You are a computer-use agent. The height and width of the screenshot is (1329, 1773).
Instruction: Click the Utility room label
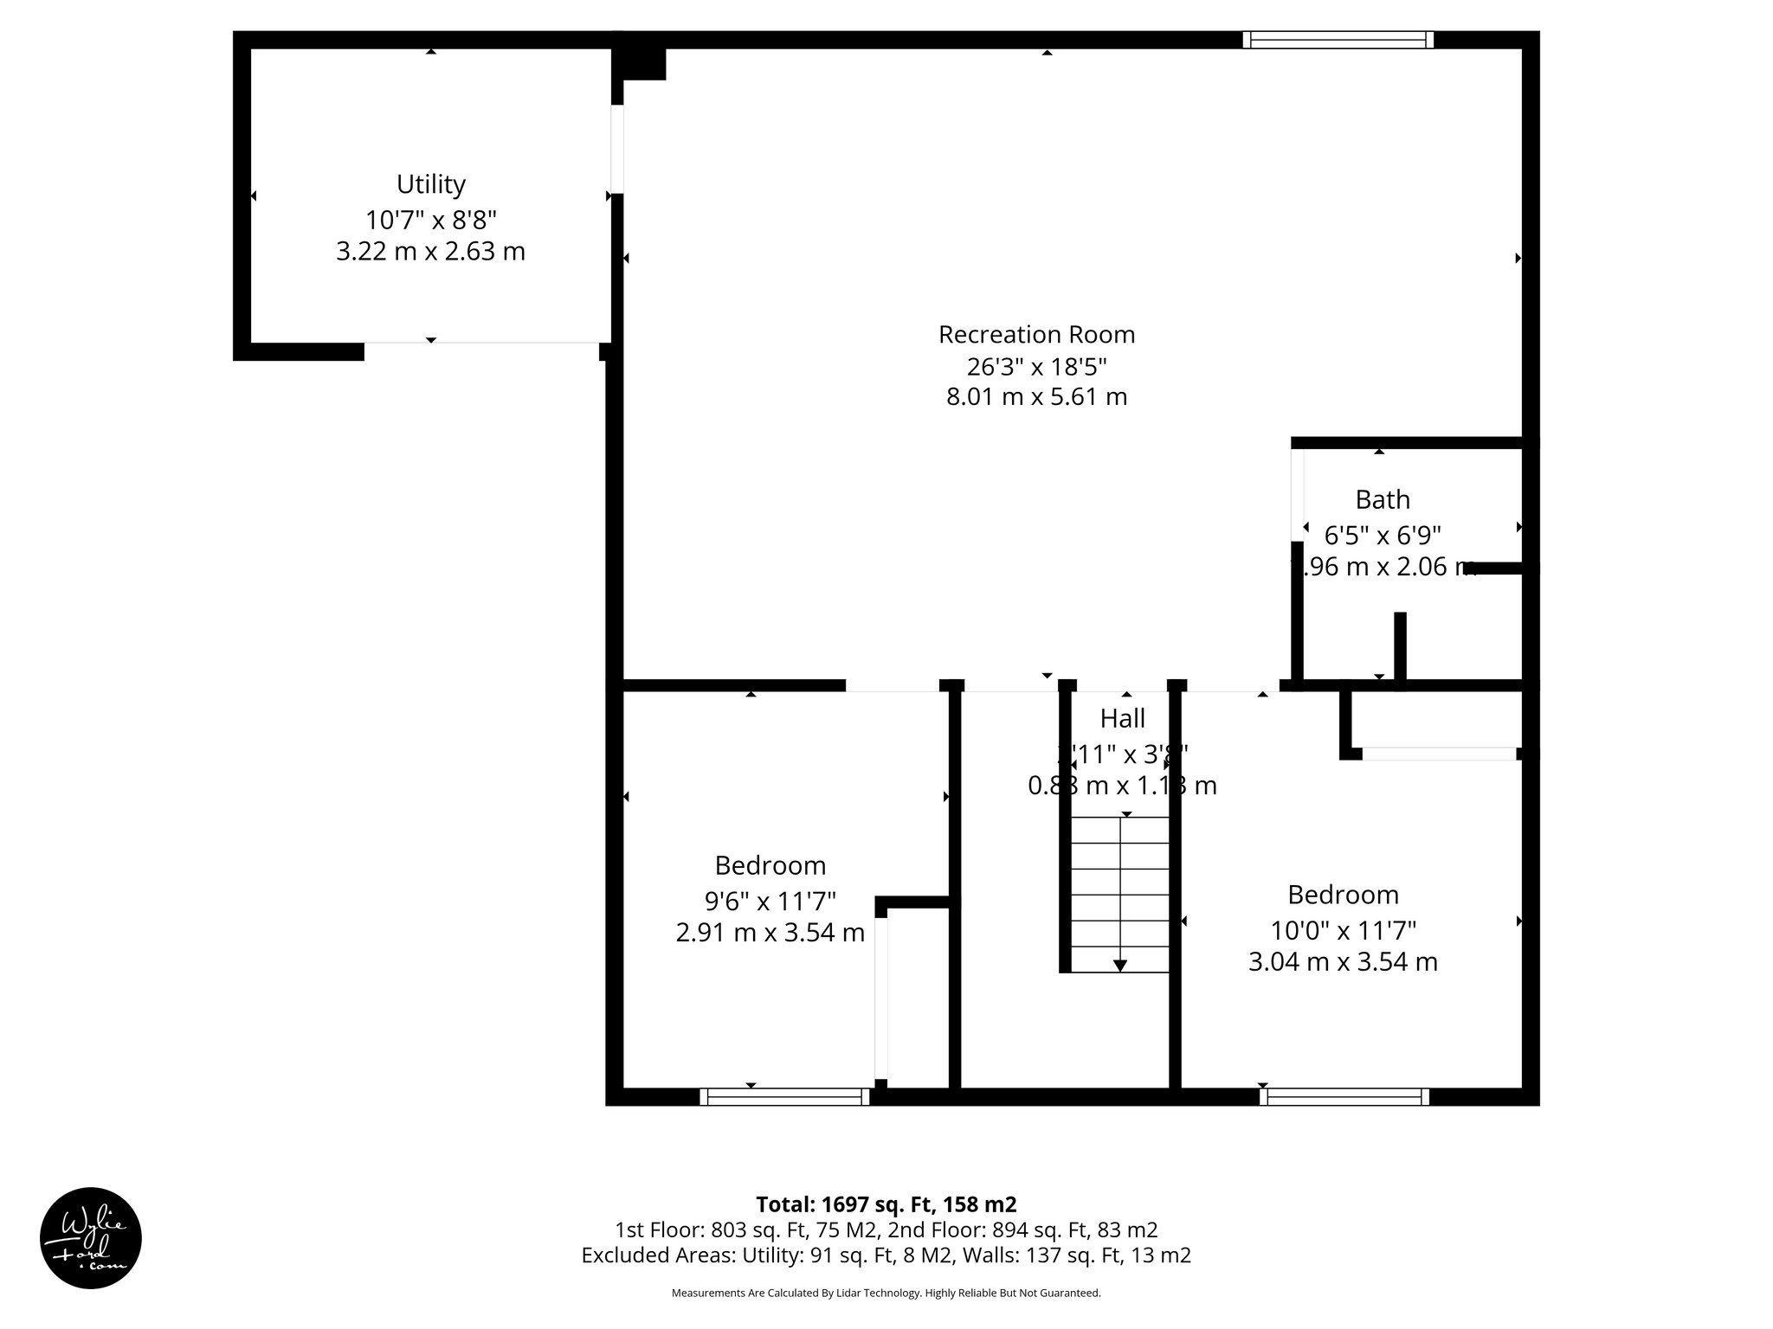coord(430,184)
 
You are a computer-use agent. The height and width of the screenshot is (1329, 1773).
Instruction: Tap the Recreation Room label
coord(1036,334)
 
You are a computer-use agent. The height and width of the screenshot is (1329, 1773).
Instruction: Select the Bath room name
coord(1383,500)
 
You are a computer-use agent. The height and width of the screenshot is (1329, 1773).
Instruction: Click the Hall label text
coord(1122,718)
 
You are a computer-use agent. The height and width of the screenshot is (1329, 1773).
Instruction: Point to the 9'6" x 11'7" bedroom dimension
coord(770,902)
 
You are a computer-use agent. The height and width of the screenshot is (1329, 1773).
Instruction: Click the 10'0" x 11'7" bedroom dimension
coord(1343,930)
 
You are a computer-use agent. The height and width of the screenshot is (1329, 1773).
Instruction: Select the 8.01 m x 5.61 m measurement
coord(1036,397)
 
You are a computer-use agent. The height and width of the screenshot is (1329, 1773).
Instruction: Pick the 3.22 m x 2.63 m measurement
coord(430,252)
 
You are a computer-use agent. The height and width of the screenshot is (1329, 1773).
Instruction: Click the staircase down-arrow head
coord(1120,965)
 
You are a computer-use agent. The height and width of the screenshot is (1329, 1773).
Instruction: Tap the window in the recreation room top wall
coord(1338,40)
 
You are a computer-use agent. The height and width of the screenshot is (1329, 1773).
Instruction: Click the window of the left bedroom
coord(784,1097)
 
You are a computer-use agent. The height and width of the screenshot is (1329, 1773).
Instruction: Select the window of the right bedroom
coord(1344,1097)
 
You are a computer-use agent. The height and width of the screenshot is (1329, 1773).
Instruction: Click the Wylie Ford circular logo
coord(91,1238)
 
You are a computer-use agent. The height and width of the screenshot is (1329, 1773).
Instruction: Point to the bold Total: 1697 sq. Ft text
coord(886,1204)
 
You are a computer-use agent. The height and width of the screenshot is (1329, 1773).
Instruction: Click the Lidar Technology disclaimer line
coord(886,1293)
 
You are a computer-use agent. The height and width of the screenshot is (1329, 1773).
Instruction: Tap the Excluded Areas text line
coord(886,1255)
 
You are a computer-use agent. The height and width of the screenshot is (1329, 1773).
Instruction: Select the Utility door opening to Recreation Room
coord(616,149)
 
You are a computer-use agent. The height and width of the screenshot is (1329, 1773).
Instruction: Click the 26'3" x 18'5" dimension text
coord(1036,367)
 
